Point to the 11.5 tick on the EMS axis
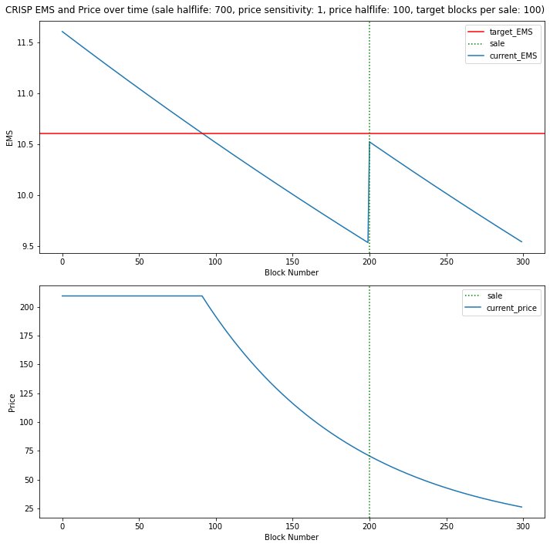point(25,42)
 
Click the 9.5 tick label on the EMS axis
point(27,246)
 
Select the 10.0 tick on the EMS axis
point(25,195)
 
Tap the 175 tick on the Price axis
point(26,336)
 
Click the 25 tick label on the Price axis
point(29,508)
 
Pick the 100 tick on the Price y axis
point(26,422)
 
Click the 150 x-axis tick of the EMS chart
point(292,262)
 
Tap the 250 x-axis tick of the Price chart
point(446,526)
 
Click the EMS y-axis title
point(9,138)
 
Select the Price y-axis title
point(12,403)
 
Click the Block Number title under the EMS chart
point(292,272)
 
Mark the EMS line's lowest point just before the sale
point(368,242)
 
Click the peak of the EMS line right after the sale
point(369,142)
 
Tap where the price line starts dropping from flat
point(202,296)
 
